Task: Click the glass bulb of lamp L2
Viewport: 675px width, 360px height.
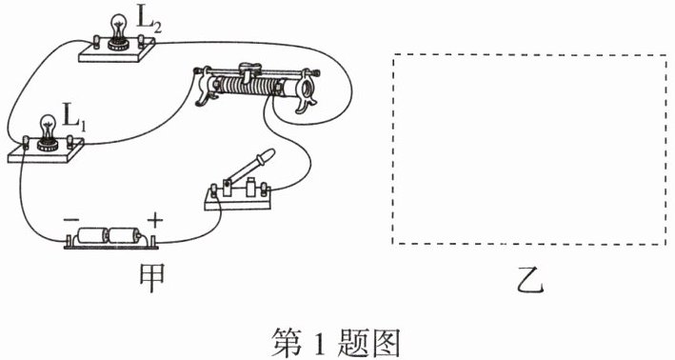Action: click(x=117, y=27)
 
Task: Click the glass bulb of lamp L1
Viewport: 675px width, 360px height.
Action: click(x=48, y=127)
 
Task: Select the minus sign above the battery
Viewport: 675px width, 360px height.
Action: click(x=71, y=220)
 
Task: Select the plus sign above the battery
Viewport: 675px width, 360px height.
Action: click(x=155, y=221)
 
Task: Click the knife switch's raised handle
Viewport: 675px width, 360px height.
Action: click(x=250, y=166)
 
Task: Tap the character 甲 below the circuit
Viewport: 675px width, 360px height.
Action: click(x=151, y=278)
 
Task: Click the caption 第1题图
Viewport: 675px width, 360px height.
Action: click(x=336, y=343)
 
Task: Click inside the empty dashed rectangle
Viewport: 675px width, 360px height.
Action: click(x=529, y=150)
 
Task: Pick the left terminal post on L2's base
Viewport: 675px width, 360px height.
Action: click(x=97, y=42)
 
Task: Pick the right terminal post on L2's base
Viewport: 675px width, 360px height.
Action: click(x=141, y=41)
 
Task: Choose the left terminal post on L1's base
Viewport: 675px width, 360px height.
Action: click(x=26, y=142)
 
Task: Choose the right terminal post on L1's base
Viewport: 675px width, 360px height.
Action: click(x=70, y=142)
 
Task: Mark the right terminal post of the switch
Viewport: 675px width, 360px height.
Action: click(x=265, y=190)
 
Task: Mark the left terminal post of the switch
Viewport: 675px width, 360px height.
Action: click(x=213, y=190)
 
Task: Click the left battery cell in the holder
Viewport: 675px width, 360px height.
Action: click(x=91, y=235)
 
